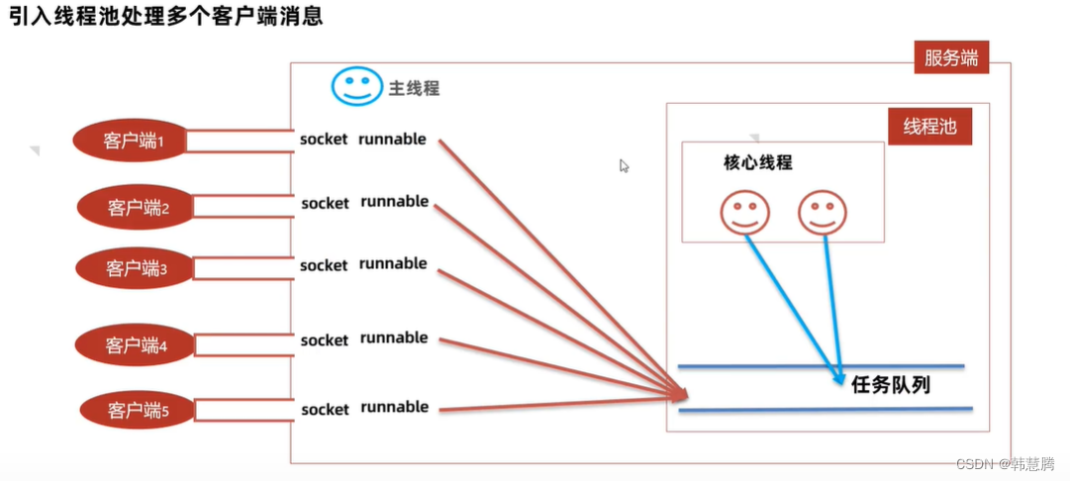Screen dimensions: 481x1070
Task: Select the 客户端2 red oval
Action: (137, 207)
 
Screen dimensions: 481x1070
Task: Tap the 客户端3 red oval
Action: (135, 267)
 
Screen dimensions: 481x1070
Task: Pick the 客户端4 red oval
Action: (135, 344)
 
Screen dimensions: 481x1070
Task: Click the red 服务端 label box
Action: (950, 57)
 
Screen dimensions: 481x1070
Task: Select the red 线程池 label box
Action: (929, 127)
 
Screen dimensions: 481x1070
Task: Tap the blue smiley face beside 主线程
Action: (355, 87)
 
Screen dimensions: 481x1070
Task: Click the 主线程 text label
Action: (414, 88)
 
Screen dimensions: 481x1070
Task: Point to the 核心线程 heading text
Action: (758, 162)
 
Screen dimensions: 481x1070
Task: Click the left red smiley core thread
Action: (744, 212)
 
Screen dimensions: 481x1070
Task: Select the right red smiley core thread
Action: (823, 212)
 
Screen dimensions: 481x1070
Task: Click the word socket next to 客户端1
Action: (324, 140)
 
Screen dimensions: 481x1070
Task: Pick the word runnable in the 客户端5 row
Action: (394, 407)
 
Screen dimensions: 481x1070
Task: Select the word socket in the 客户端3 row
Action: (324, 265)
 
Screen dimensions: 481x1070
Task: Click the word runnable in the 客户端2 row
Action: (394, 202)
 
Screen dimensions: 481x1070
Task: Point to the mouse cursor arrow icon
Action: (625, 166)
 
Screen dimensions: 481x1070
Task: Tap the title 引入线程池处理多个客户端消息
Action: (165, 17)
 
